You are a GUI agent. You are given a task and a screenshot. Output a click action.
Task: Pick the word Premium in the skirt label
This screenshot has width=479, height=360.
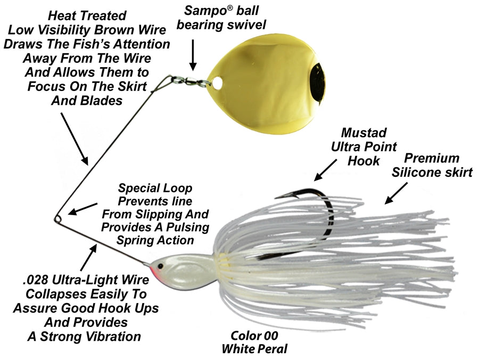[x=432, y=158]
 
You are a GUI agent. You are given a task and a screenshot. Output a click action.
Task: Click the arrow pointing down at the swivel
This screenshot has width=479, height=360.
[x=193, y=56]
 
